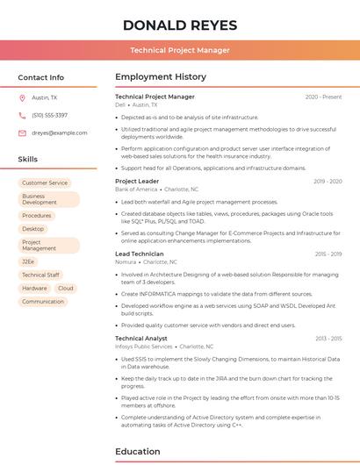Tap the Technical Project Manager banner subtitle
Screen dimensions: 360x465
[180, 50]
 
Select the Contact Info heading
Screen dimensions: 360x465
[41, 77]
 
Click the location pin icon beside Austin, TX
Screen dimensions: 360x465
[22, 97]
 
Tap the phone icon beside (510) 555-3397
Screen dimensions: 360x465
[22, 115]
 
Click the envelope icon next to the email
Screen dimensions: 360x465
[22, 132]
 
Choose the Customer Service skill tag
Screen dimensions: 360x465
[45, 182]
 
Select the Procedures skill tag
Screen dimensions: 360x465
[37, 215]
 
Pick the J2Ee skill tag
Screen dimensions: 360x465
[29, 261]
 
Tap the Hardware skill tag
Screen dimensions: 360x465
[35, 288]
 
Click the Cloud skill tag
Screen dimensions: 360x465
[66, 288]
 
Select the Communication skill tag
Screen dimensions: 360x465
[43, 301]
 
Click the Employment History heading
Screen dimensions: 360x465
[161, 77]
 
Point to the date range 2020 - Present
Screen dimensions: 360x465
[323, 97]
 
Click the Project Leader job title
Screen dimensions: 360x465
[137, 181]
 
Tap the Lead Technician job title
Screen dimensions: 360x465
[140, 254]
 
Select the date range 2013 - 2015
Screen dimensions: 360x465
[328, 338]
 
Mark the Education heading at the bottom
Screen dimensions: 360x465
[138, 451]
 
